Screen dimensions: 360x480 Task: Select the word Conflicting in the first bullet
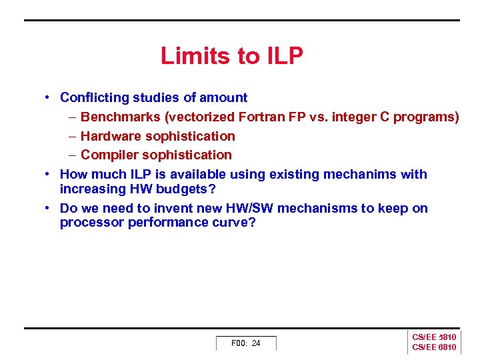pyautogui.click(x=93, y=97)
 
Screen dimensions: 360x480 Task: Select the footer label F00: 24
pyautogui.click(x=245, y=343)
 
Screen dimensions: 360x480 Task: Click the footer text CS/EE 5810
pyautogui.click(x=434, y=338)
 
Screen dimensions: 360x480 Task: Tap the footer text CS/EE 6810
pyautogui.click(x=434, y=347)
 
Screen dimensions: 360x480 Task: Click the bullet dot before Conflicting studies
pyautogui.click(x=49, y=97)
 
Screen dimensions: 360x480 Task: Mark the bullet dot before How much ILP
pyautogui.click(x=49, y=174)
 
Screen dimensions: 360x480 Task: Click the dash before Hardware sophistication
pyautogui.click(x=71, y=136)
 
